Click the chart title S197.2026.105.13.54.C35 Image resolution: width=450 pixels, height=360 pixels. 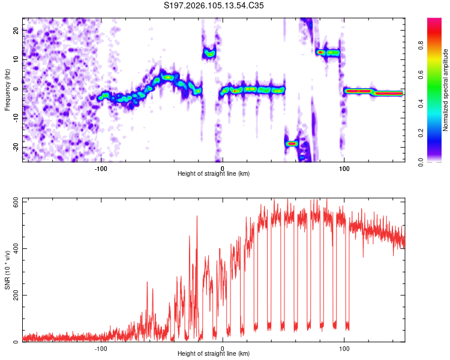pyautogui.click(x=214, y=5)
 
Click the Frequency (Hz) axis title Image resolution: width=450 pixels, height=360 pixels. pyautogui.click(x=8, y=90)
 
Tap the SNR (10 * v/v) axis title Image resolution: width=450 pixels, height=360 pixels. pyautogui.click(x=8, y=270)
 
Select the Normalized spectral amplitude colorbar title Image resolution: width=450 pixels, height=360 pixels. pyautogui.click(x=446, y=90)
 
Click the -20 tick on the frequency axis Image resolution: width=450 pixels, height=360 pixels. pyautogui.click(x=15, y=147)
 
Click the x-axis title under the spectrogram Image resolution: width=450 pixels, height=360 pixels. pyautogui.click(x=214, y=174)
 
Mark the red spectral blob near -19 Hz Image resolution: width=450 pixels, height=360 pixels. pyautogui.click(x=292, y=143)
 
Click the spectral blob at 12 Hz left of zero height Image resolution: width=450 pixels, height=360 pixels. pyautogui.click(x=209, y=53)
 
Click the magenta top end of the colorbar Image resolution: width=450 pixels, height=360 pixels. pyautogui.click(x=434, y=21)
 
